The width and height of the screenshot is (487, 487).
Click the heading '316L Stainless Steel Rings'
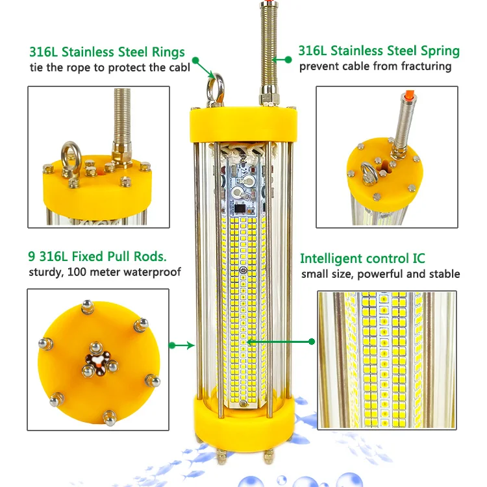tap(107, 52)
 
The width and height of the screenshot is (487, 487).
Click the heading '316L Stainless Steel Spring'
tap(379, 50)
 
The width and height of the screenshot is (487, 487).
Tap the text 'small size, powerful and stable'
tap(380, 273)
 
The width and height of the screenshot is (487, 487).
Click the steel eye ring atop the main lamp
tap(216, 86)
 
